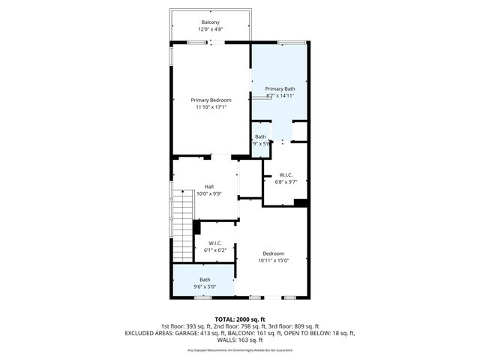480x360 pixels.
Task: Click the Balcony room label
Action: pos(210,22)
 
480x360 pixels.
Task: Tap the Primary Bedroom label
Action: pos(210,100)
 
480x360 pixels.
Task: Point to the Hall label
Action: pos(210,186)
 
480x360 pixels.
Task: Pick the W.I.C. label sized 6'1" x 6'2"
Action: pos(214,243)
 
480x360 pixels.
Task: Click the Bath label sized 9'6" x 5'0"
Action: pos(205,279)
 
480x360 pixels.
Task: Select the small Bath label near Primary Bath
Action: pos(259,136)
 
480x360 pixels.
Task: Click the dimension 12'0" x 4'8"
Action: pos(210,29)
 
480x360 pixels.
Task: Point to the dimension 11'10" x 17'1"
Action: pos(210,107)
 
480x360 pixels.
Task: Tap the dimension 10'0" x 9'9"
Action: pos(209,193)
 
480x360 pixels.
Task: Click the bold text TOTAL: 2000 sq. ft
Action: pos(240,319)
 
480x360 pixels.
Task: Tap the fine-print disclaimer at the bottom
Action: pos(240,349)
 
